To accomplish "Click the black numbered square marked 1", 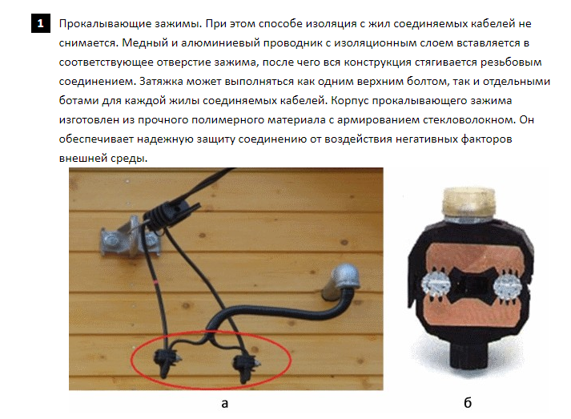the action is [x=40, y=24].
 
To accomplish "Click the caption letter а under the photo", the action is [x=225, y=403].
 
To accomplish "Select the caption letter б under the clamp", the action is [x=468, y=402].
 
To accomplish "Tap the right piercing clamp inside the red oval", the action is [x=245, y=365].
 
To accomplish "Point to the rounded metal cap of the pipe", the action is [x=344, y=277].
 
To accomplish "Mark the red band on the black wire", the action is [x=156, y=282].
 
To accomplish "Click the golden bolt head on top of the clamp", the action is [x=469, y=202].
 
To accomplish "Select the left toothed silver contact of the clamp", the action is [x=435, y=285].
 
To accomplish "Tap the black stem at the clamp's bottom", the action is [x=469, y=353].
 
